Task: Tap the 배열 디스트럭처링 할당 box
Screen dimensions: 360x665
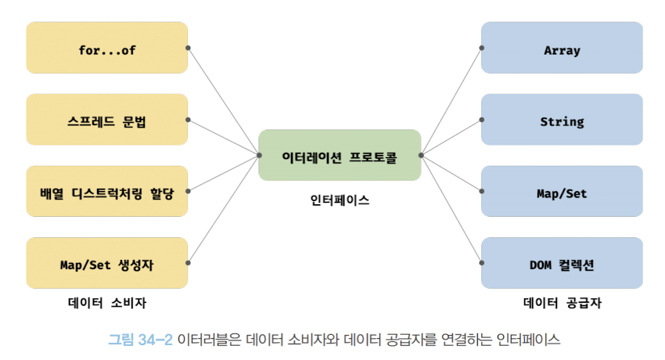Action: coord(107,191)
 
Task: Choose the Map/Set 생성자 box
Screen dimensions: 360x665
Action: coord(107,263)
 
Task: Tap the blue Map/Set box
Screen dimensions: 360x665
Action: coord(562,191)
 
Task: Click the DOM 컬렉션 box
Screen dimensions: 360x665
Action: coord(562,263)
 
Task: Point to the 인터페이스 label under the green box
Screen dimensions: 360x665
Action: coord(340,200)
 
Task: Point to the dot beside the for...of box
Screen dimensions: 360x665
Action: coord(189,48)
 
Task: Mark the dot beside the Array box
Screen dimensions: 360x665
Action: coord(481,48)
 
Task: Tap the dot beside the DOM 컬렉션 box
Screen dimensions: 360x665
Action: coord(481,263)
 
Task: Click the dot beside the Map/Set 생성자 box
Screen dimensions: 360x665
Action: coord(189,263)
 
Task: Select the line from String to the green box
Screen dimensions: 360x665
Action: coord(451,137)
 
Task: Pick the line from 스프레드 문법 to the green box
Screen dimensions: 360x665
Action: coord(224,137)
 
